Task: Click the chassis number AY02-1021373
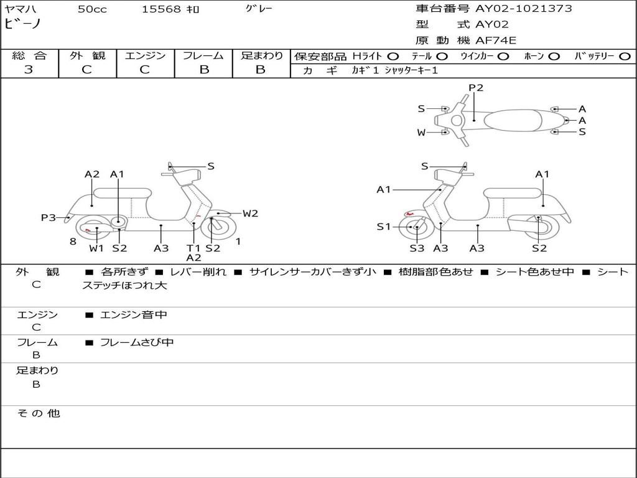click(523, 9)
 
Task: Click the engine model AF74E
click(496, 40)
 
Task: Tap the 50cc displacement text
click(92, 9)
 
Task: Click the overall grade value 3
click(29, 70)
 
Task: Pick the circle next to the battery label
click(625, 57)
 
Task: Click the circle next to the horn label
click(554, 57)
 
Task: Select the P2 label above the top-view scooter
click(476, 88)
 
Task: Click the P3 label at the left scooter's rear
click(49, 218)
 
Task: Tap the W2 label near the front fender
click(250, 213)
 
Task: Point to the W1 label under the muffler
click(96, 248)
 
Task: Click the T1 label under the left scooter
click(193, 248)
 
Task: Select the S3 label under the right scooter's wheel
click(416, 248)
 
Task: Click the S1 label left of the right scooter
click(383, 227)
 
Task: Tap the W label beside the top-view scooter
click(421, 133)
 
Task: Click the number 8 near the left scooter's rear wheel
click(73, 242)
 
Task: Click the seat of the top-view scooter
click(513, 120)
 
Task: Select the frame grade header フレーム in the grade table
click(203, 55)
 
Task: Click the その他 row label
click(38, 413)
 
